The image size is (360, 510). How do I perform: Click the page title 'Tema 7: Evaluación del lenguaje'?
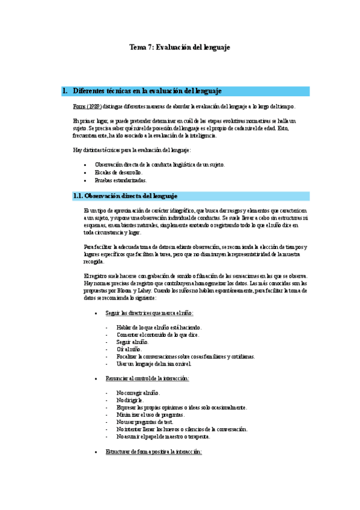180,47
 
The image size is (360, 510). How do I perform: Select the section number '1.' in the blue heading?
65,91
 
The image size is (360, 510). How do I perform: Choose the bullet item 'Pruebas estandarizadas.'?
120,180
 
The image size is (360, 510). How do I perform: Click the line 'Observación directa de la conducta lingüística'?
159,164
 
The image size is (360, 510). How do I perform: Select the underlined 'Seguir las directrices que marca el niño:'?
149,313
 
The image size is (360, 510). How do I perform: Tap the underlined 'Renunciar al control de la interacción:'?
147,378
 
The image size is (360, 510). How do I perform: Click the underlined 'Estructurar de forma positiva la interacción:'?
153,452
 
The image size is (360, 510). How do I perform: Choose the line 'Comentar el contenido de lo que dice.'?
159,334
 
